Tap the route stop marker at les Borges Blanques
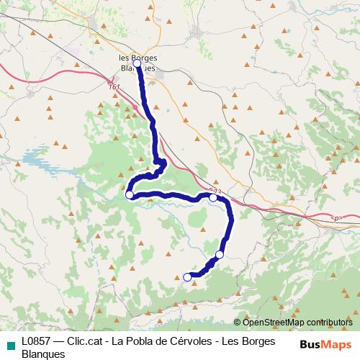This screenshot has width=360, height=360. pyautogui.click(x=137, y=63)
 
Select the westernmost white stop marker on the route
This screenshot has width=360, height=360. pyautogui.click(x=130, y=194)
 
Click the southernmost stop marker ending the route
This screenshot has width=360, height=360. pyautogui.click(x=187, y=277)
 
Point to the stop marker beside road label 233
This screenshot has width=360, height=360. pyautogui.click(x=213, y=197)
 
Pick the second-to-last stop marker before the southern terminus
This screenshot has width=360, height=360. pyautogui.click(x=220, y=255)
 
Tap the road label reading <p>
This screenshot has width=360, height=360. pyautogui.click(x=334, y=217)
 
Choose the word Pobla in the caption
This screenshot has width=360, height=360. pyautogui.click(x=141, y=341)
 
